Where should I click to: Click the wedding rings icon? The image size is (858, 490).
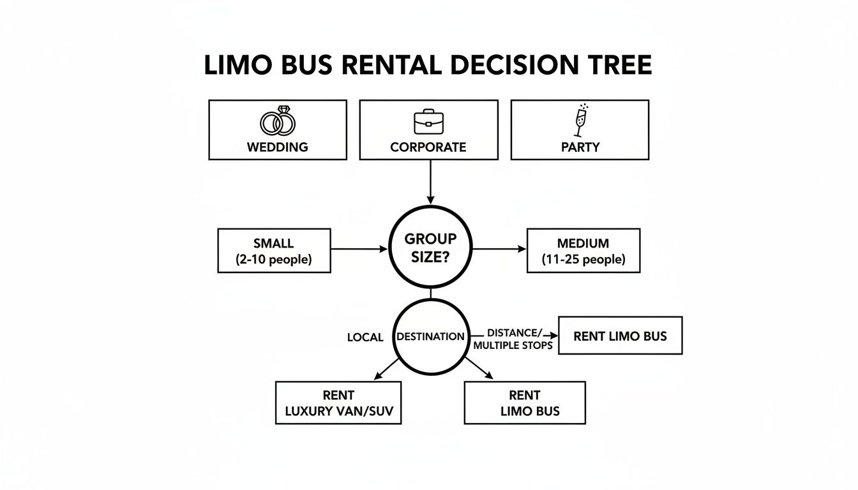(x=278, y=121)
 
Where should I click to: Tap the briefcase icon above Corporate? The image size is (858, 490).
(x=428, y=121)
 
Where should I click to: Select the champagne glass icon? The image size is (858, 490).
(x=580, y=121)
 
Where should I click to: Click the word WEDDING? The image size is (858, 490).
(x=278, y=147)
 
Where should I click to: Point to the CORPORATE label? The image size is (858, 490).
(x=428, y=147)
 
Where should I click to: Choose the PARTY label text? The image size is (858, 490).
(x=580, y=147)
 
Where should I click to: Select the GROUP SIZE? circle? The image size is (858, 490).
(x=430, y=247)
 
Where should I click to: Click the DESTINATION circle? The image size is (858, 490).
(x=430, y=336)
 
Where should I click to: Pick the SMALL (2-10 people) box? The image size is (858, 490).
(x=274, y=251)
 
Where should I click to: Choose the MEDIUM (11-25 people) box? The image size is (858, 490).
(x=583, y=251)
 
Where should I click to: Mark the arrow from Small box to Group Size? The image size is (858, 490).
(x=359, y=249)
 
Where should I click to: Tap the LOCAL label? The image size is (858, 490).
(x=365, y=337)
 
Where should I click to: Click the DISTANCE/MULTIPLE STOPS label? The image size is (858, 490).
(x=513, y=339)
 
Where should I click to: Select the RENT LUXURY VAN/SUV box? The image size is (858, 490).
(x=338, y=403)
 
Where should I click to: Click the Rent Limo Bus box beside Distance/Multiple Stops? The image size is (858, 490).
(x=620, y=336)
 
